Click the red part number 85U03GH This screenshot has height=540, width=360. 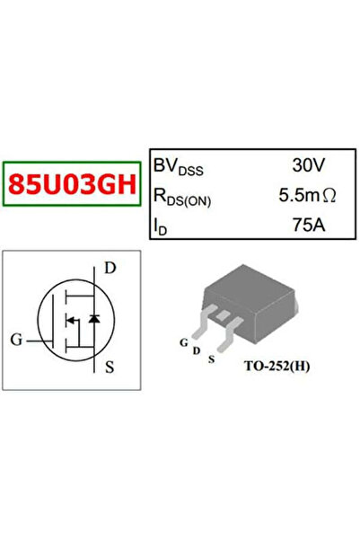[73, 184]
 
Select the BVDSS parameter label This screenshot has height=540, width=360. [179, 167]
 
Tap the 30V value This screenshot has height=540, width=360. [308, 165]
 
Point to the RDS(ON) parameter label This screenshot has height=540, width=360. [182, 198]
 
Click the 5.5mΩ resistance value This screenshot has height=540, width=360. [307, 195]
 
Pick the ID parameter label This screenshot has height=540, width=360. [160, 227]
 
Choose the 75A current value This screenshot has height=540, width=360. [309, 226]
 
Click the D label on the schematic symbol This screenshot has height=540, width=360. [110, 268]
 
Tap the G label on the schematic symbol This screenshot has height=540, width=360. [16, 340]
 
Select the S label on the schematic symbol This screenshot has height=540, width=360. [110, 367]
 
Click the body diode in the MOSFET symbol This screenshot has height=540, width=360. [94, 319]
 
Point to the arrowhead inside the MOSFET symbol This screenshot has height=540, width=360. [70, 321]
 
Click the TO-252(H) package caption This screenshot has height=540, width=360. [277, 366]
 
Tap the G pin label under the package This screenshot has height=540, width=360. [184, 342]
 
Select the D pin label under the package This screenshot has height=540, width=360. [197, 351]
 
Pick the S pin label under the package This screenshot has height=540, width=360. [211, 359]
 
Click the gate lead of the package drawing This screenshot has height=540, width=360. [204, 322]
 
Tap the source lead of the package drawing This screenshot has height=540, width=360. [229, 334]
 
